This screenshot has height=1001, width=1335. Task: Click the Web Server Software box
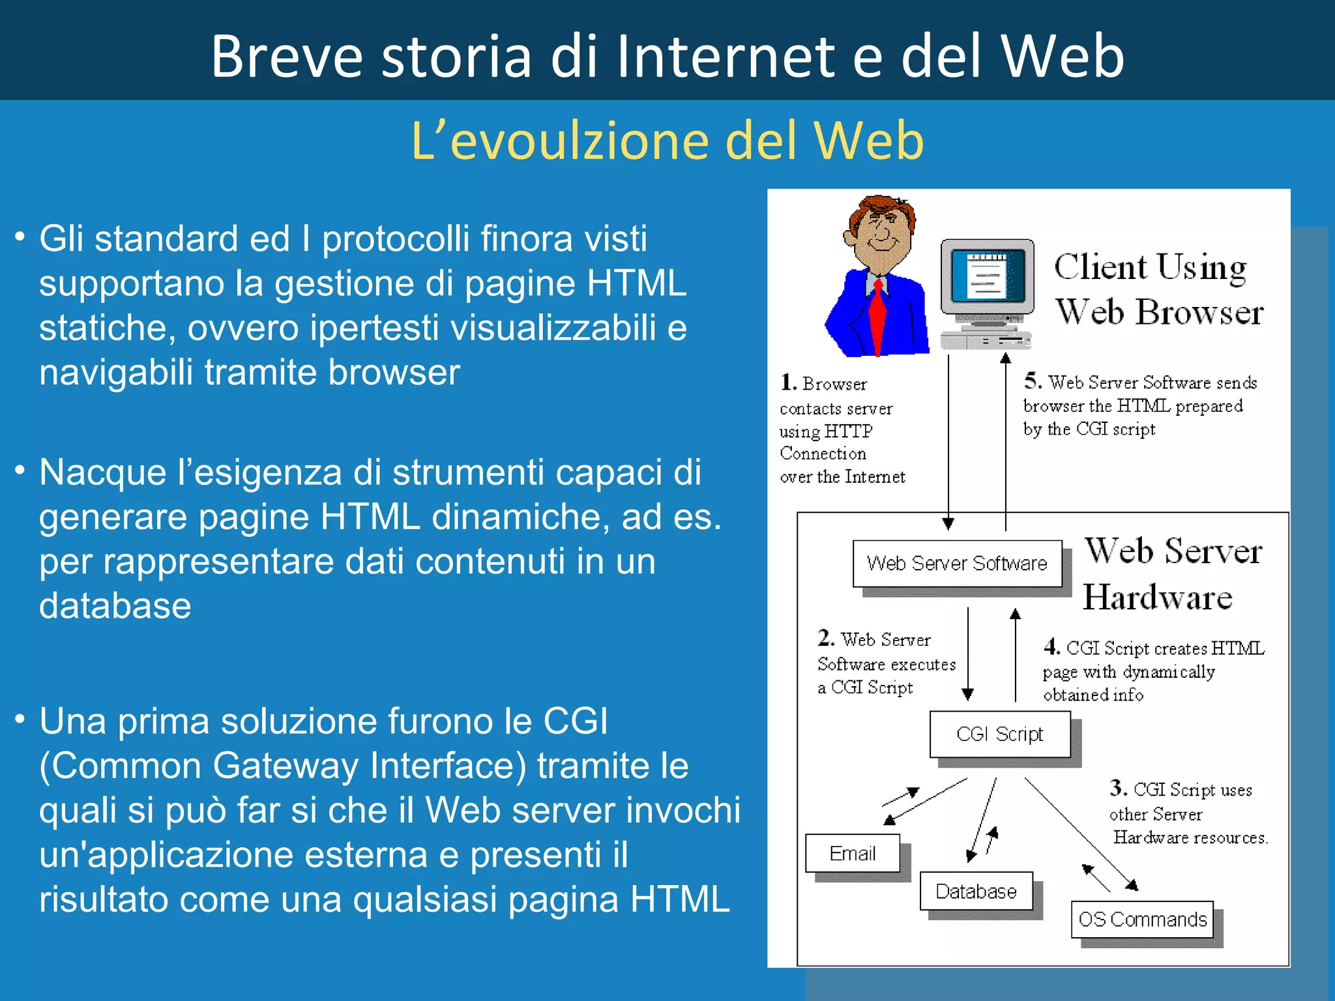(957, 563)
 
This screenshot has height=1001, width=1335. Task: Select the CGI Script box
(999, 734)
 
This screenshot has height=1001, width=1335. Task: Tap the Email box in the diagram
(852, 853)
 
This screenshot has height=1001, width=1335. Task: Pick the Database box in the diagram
(976, 891)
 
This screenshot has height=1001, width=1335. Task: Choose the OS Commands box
(1142, 920)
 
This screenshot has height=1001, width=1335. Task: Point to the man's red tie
(878, 313)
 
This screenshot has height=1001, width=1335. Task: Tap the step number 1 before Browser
(788, 383)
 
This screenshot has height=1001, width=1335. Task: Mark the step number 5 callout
(1032, 380)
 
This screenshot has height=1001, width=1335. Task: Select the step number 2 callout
(825, 637)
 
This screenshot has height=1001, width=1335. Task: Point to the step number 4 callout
(1051, 646)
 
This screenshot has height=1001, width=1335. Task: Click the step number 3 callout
(1118, 788)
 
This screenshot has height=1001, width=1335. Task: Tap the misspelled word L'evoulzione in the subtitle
(561, 141)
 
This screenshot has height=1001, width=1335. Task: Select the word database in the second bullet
(115, 606)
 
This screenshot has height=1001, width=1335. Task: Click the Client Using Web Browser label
(1158, 289)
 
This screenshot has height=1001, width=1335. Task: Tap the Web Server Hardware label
(1171, 573)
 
